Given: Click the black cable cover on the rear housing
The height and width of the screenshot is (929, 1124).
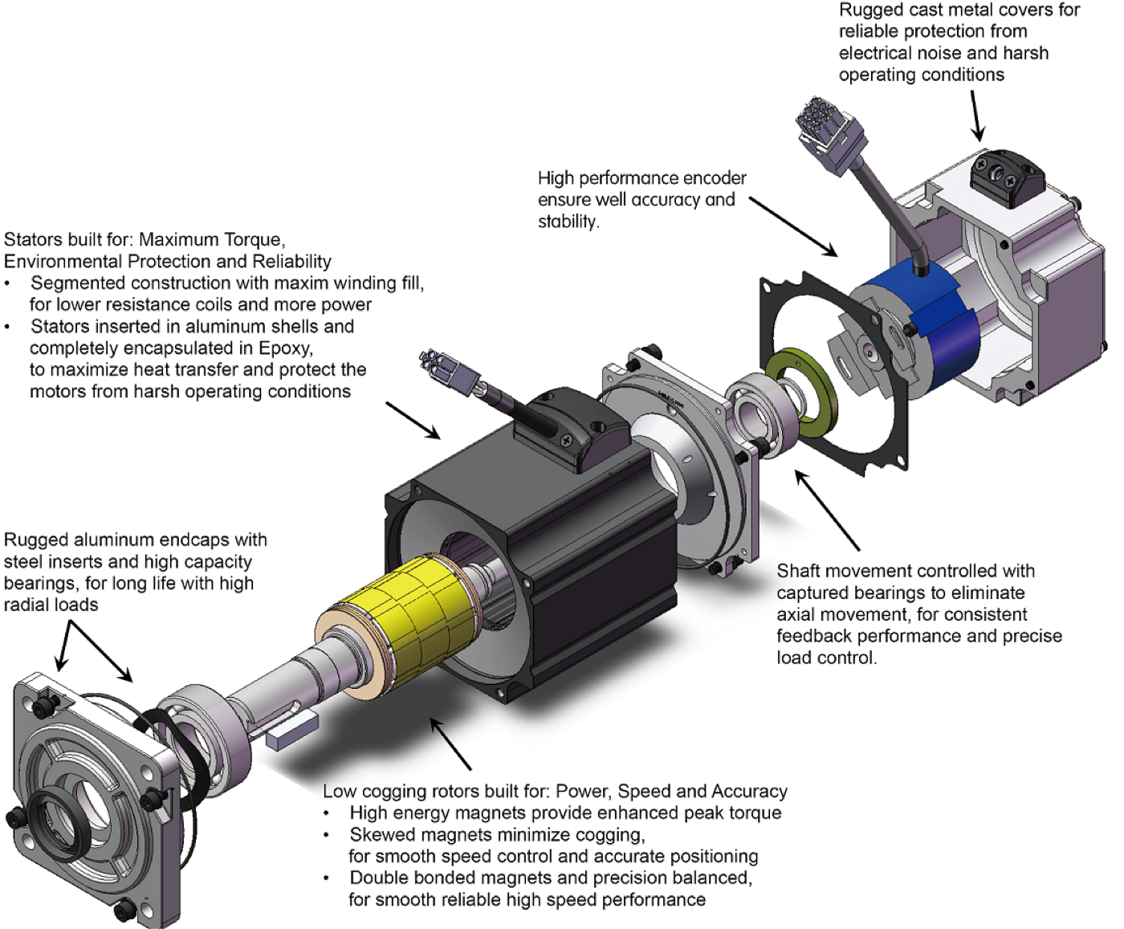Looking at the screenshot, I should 1008,173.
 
